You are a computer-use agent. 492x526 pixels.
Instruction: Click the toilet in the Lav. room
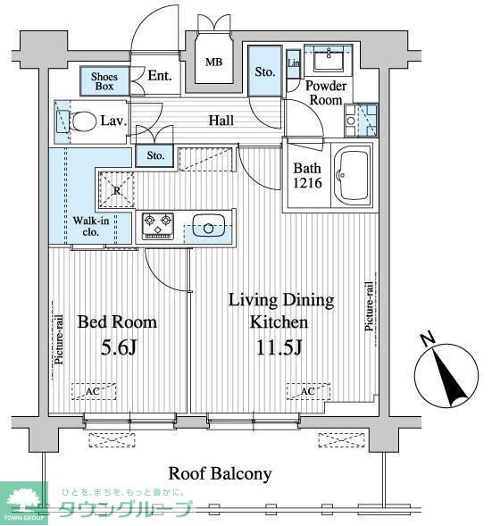click(x=79, y=121)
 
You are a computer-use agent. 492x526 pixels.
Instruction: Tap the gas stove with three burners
click(x=158, y=226)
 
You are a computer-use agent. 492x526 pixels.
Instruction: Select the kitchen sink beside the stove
click(x=209, y=226)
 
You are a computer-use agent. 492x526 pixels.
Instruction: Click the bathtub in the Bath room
click(x=352, y=175)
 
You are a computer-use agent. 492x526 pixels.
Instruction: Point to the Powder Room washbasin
click(x=329, y=58)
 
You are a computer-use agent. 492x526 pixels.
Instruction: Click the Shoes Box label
click(x=104, y=81)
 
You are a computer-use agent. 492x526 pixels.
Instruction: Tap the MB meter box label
click(x=213, y=62)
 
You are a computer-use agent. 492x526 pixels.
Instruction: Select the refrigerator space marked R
click(x=117, y=190)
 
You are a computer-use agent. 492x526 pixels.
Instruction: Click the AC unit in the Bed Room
click(x=94, y=391)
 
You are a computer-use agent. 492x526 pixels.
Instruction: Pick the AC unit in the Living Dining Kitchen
click(x=308, y=391)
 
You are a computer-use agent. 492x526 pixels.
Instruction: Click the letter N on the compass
click(x=428, y=338)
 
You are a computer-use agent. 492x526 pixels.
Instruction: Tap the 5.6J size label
click(x=119, y=348)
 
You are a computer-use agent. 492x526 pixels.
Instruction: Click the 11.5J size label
click(x=279, y=348)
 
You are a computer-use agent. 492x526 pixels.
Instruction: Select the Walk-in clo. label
click(x=91, y=227)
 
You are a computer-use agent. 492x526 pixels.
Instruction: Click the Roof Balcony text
click(x=220, y=473)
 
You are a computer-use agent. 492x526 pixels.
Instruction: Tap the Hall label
click(x=221, y=120)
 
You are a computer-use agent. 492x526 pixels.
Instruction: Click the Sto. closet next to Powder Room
click(x=265, y=71)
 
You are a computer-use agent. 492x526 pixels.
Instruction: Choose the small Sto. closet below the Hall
click(x=155, y=155)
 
